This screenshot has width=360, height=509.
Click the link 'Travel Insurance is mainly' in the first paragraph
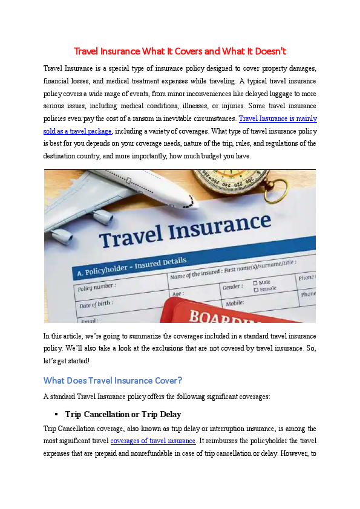(278, 119)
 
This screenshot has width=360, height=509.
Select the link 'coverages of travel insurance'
(152, 441)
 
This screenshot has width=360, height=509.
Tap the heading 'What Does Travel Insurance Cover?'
(113, 381)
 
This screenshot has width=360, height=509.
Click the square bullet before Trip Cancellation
(56, 415)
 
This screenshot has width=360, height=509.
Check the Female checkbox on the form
(256, 290)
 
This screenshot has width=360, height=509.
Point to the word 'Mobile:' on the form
(235, 303)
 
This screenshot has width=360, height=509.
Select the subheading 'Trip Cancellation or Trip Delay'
(123, 415)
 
